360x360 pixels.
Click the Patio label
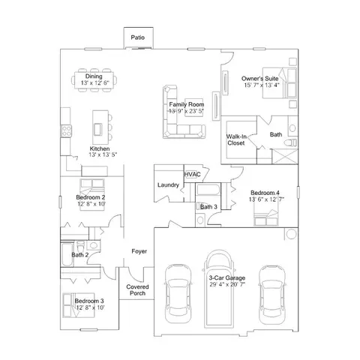coord(138,37)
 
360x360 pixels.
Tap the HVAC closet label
coord(192,174)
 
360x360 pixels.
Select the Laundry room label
coord(168,185)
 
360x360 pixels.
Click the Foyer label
coord(139,251)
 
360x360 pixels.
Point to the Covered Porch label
coord(137,290)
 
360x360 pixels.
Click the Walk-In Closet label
coord(236,139)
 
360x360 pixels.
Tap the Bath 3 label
coord(208,207)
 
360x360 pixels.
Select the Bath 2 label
coord(80,255)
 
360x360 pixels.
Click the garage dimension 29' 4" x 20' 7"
coord(227,284)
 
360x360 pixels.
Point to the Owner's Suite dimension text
coord(262,85)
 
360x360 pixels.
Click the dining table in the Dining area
coord(94,80)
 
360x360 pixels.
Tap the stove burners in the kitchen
coord(67,131)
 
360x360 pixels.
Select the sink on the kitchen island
coord(97,129)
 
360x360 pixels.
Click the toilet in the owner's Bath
coord(290,142)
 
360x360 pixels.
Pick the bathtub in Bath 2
coord(67,254)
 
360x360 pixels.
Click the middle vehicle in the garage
coord(219,289)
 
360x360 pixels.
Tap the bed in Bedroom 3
coord(79,305)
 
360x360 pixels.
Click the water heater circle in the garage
coord(291,234)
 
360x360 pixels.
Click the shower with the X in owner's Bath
coord(285,157)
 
